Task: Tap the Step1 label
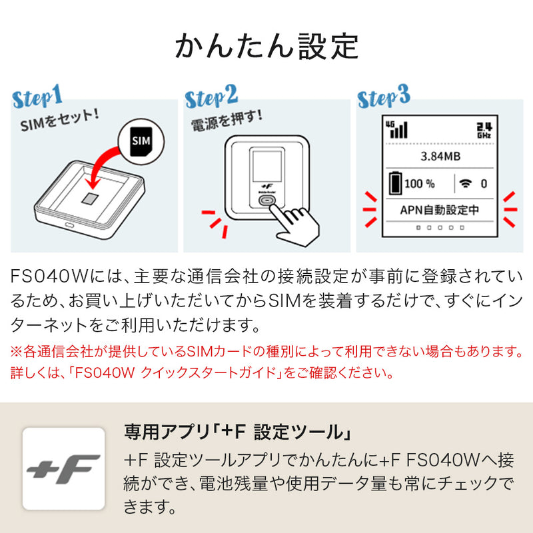(38, 97)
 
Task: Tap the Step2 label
(212, 98)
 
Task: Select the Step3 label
(384, 98)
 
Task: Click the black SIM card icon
(139, 141)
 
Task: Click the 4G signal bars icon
(398, 128)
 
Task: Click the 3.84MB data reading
(440, 157)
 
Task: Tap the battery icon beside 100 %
(395, 183)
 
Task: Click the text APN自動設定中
(440, 210)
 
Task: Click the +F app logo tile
(64, 468)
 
